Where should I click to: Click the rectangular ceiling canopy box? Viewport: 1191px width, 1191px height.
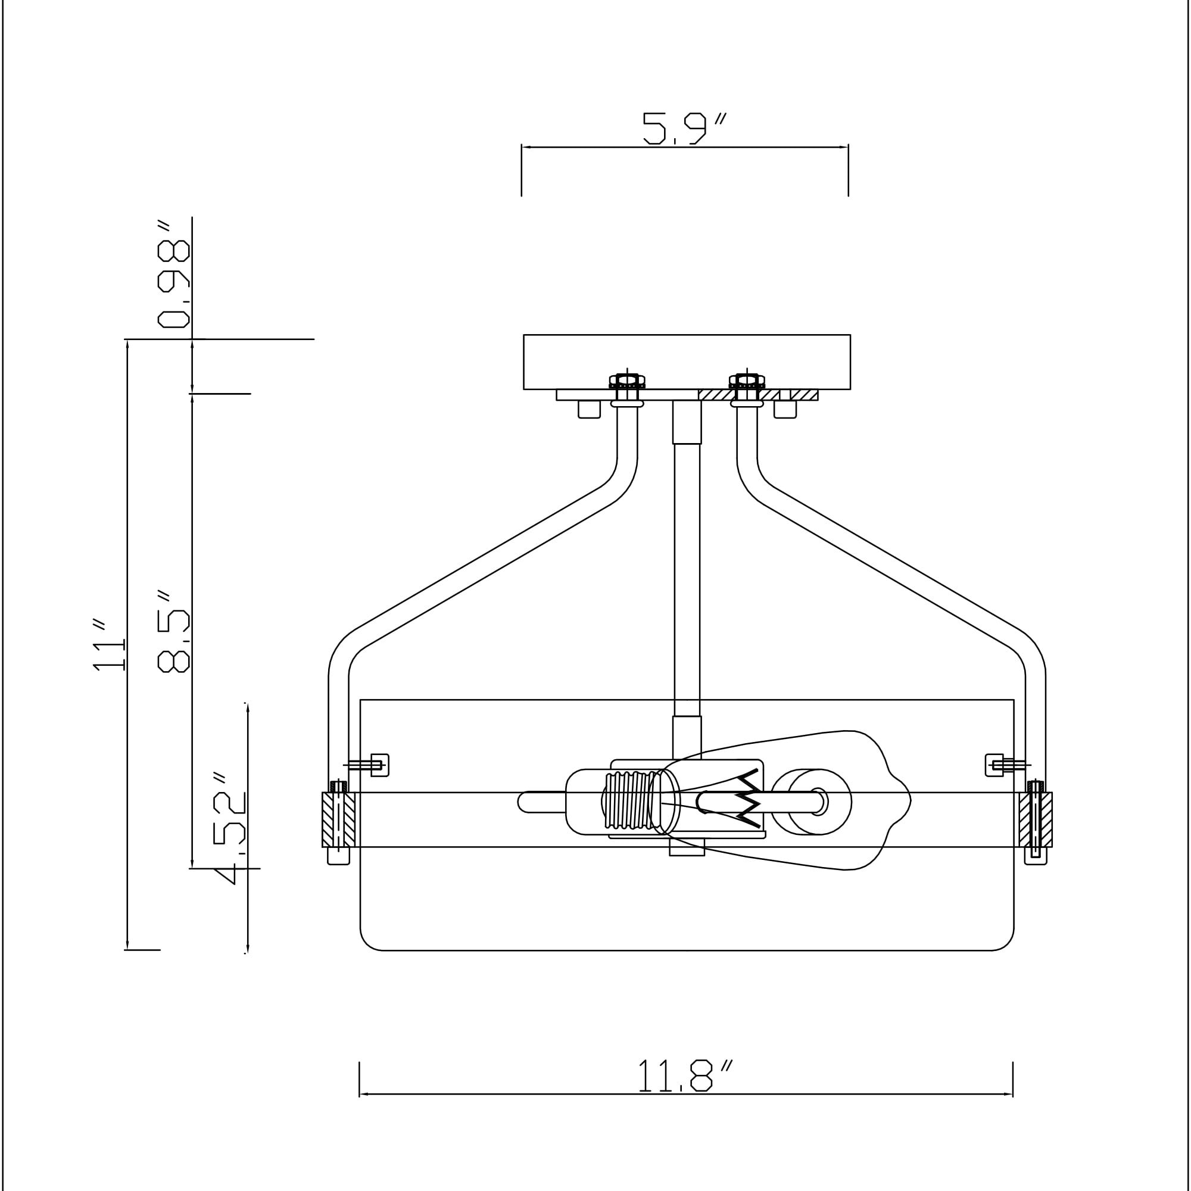pos(687,362)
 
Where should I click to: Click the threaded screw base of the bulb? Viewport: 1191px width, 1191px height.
pos(626,801)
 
